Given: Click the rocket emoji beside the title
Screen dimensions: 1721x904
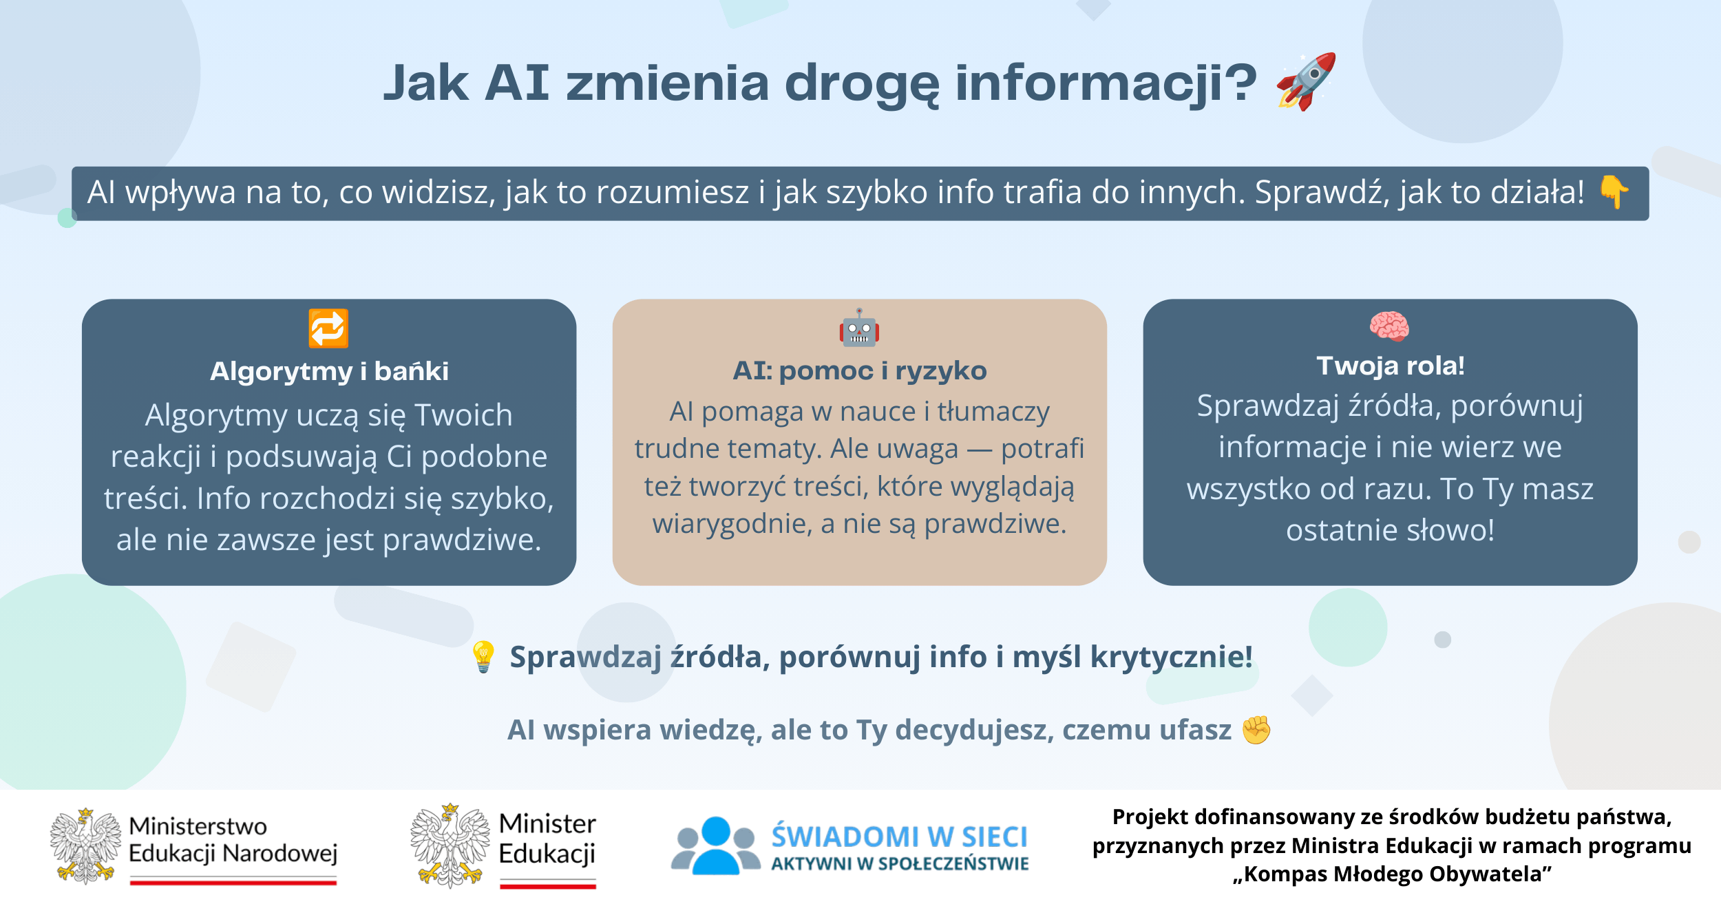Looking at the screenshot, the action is tap(1306, 81).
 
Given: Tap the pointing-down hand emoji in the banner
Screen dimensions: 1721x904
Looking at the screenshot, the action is tap(1614, 192).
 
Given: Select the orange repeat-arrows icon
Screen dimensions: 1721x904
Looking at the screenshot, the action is tap(328, 328).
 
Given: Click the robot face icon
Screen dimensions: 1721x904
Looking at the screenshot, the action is tap(859, 327).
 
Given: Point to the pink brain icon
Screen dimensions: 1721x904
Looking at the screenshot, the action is tap(1389, 326).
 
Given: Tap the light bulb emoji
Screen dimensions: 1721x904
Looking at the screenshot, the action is tap(483, 657).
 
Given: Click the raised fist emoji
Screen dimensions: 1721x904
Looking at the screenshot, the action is tap(1256, 730).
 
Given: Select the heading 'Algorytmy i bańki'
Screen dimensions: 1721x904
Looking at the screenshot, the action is tap(329, 372).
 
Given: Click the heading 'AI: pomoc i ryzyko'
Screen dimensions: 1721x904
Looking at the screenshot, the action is tap(860, 371).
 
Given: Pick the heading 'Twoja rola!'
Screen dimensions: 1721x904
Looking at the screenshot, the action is tap(1391, 366).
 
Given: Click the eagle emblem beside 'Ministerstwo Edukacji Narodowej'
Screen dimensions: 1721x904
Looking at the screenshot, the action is tap(85, 846).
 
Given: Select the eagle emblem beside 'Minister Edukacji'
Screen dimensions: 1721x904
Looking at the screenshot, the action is tap(450, 846).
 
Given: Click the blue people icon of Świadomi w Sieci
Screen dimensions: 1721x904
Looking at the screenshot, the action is tap(716, 845).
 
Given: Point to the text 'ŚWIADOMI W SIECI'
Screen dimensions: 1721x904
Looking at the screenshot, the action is tap(899, 837).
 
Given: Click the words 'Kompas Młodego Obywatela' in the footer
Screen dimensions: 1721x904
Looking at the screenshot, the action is tap(1392, 874).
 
